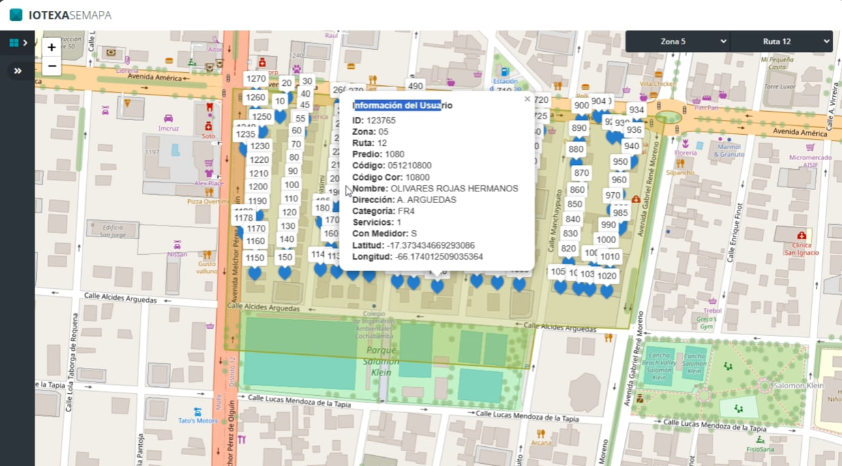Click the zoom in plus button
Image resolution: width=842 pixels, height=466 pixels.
[52, 47]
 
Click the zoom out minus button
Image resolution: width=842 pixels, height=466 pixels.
[52, 66]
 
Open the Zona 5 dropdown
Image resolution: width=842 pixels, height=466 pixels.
[678, 42]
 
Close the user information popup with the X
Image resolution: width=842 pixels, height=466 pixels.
[527, 99]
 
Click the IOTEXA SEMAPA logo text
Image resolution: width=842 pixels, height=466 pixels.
[70, 15]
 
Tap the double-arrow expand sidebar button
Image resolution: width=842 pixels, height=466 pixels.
[18, 71]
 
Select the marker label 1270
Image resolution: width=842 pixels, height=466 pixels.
[256, 79]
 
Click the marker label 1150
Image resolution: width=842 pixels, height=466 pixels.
[255, 258]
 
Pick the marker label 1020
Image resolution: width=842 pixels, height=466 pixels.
[606, 277]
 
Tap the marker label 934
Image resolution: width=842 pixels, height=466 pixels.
[636, 110]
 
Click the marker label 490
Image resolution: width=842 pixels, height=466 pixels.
[415, 86]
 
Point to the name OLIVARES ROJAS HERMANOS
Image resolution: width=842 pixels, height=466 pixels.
[454, 189]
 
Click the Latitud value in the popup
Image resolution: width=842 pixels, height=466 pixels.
[431, 245]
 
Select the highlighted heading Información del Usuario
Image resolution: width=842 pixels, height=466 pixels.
[402, 106]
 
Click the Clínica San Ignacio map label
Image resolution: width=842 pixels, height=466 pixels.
[801, 249]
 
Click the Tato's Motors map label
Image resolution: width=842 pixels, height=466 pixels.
[198, 420]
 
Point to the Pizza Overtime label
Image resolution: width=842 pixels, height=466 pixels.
[209, 202]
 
